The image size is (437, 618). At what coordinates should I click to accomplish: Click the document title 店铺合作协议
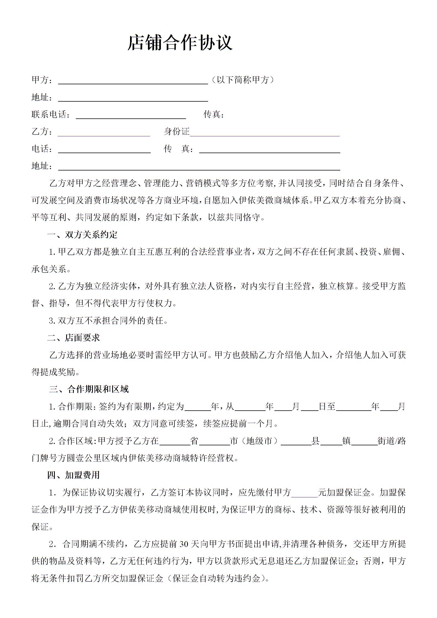[180, 43]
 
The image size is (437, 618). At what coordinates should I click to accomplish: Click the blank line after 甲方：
[133, 81]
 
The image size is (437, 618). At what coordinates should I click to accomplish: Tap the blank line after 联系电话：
[131, 115]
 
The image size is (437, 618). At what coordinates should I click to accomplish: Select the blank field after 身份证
[265, 132]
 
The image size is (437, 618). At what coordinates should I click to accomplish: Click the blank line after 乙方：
[104, 132]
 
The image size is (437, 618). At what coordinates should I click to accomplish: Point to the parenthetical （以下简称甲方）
[242, 80]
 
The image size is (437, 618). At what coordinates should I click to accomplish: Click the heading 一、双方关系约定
[82, 235]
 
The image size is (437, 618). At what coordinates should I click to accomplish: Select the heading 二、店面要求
[74, 338]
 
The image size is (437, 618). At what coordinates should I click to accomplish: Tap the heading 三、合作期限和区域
[89, 389]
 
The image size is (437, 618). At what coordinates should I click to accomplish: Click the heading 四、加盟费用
[74, 475]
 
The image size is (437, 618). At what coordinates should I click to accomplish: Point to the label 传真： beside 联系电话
[214, 114]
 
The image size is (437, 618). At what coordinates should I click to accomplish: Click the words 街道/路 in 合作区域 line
[392, 441]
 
